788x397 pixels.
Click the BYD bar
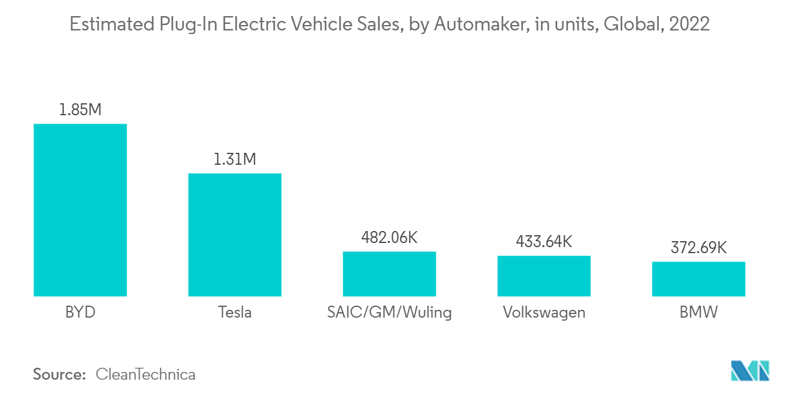click(x=80, y=210)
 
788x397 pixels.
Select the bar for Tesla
click(x=235, y=235)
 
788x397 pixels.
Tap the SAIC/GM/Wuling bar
click(x=389, y=273)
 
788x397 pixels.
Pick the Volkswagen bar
click(x=544, y=276)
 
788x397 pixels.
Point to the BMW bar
click(x=698, y=279)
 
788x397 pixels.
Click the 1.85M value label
click(x=80, y=110)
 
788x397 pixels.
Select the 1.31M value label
click(x=235, y=159)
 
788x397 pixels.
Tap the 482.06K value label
click(x=389, y=238)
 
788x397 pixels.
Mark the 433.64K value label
click(x=544, y=242)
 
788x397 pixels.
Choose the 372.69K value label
click(x=698, y=248)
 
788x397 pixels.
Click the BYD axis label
click(x=80, y=312)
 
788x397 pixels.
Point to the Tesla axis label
click(x=235, y=312)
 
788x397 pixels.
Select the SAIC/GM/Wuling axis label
click(x=389, y=312)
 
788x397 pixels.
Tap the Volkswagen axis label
click(x=544, y=312)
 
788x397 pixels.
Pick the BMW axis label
click(x=698, y=312)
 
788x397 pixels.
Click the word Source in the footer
click(x=59, y=375)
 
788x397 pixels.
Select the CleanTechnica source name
click(x=146, y=375)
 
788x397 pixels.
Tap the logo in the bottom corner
click(x=750, y=371)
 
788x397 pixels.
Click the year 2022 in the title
click(x=690, y=24)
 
